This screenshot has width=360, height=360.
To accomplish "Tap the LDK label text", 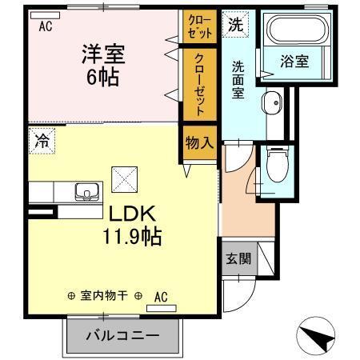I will pyautogui.click(x=121, y=214).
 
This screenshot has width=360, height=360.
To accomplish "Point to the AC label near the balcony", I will pyautogui.click(x=160, y=297).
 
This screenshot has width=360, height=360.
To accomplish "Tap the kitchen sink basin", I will pyautogui.click(x=84, y=192).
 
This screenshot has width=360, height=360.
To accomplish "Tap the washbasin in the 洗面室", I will pyautogui.click(x=272, y=102).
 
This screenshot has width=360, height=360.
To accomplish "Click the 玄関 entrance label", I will pyautogui.click(x=238, y=258).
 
